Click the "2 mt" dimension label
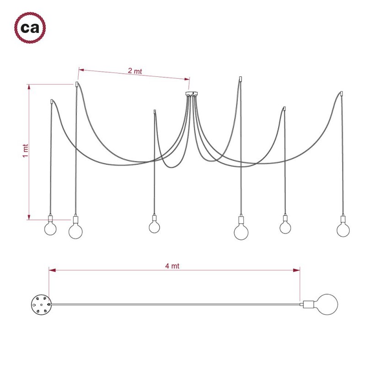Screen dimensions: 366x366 click(135, 71)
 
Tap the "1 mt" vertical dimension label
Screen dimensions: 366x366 click(26, 151)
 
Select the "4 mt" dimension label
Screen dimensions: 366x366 click(172, 266)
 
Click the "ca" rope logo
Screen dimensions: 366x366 click(30, 28)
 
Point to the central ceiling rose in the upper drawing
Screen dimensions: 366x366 click(191, 94)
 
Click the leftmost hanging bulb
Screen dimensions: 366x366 click(50, 229)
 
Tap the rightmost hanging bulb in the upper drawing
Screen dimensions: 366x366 click(343, 230)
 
